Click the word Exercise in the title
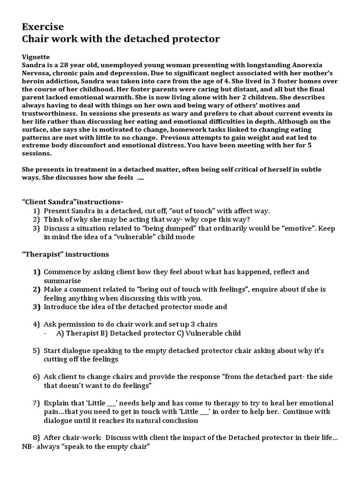pos(43,27)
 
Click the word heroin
pos(33,81)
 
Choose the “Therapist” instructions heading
pos(65,254)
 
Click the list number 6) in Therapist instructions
pos(37,377)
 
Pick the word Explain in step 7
pos(57,403)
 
